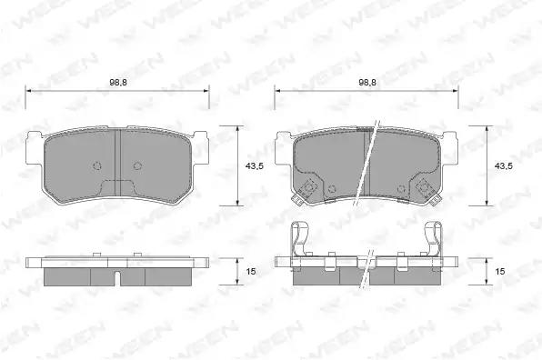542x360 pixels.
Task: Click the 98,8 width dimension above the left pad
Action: coord(118,83)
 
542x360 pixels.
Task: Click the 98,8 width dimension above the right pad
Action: coord(367,83)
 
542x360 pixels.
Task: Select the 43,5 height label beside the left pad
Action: coord(255,166)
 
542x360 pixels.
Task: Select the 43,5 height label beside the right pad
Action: coord(504,166)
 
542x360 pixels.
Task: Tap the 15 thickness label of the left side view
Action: coord(251,272)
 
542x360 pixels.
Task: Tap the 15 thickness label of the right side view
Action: coord(500,272)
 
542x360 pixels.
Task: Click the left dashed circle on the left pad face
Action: coord(97,165)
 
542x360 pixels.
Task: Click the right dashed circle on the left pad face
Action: coord(137,165)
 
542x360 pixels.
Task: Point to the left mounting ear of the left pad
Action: coord(35,148)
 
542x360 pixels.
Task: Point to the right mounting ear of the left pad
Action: coord(200,148)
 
